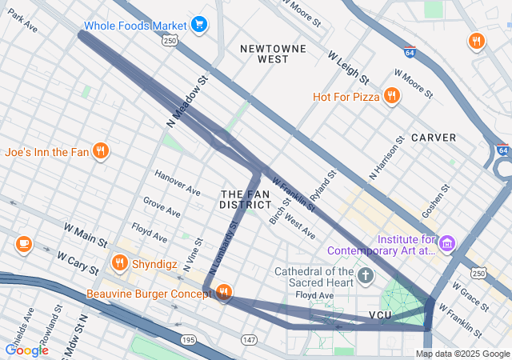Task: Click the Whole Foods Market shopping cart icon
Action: pos(198,25)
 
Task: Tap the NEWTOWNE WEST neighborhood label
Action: pos(274,54)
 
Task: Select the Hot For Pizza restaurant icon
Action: pos(391,97)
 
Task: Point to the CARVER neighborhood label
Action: pos(434,138)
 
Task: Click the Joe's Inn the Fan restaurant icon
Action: pos(100,151)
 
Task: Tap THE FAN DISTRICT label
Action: pos(246,200)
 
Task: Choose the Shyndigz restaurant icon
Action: pos(120,262)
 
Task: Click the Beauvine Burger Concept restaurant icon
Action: pos(223,294)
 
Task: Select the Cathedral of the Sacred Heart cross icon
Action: pos(366,277)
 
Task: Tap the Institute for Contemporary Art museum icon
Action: pos(446,242)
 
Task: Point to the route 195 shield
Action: pos(188,340)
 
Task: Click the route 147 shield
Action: pos(250,340)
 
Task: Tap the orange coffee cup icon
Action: pos(23,243)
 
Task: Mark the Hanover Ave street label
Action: pos(178,183)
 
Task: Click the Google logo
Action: pos(27,350)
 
